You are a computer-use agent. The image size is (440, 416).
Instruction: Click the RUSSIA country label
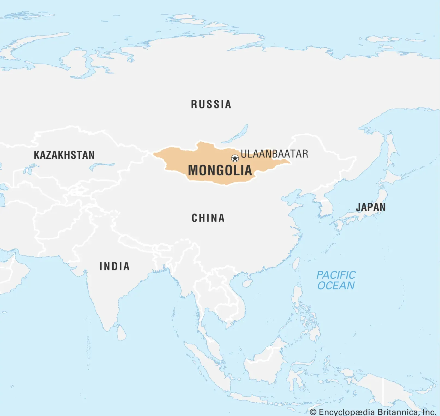point(211,104)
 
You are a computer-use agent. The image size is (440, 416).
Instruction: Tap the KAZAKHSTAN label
point(64,155)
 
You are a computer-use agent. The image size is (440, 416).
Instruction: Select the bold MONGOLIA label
point(220,170)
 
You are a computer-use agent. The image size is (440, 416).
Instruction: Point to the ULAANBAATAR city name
point(274,154)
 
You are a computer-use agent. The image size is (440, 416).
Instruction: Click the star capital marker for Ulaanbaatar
point(235,158)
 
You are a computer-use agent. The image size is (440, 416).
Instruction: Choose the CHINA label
point(208,218)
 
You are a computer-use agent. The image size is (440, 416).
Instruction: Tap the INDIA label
point(114,266)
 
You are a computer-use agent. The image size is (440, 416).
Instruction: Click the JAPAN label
point(371,207)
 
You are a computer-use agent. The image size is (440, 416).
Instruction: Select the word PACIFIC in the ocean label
point(336,275)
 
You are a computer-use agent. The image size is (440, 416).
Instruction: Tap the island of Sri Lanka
point(122,333)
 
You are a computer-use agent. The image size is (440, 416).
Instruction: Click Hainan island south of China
point(247,284)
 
